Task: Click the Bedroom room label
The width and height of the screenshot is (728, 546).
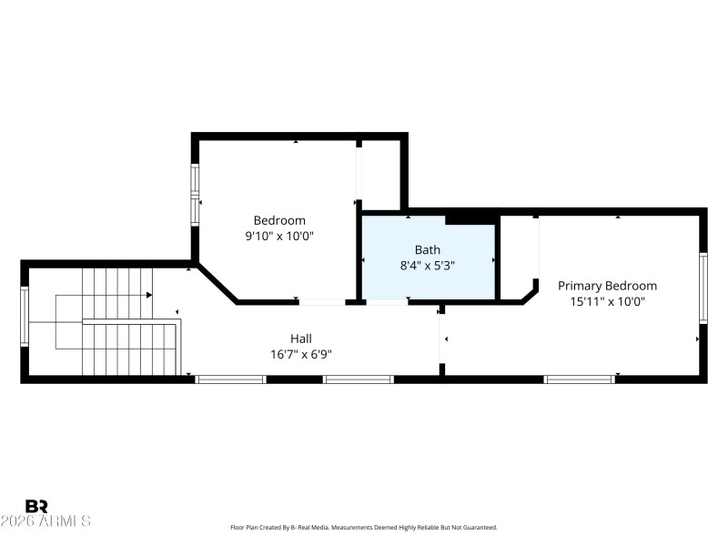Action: (x=279, y=220)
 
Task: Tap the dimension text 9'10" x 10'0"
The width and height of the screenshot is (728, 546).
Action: (x=279, y=237)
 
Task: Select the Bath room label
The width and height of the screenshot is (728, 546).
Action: (x=428, y=249)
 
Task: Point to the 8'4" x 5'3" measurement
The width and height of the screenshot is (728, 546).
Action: (x=428, y=266)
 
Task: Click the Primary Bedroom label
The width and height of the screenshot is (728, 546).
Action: (x=607, y=286)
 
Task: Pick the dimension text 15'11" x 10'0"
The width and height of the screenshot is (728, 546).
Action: (x=607, y=302)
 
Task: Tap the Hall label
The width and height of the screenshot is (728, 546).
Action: (x=301, y=338)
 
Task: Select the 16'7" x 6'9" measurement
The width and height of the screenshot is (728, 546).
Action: (x=301, y=354)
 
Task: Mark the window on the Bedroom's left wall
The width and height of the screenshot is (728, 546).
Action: (x=194, y=195)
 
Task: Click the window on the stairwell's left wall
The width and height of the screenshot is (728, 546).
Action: (x=25, y=317)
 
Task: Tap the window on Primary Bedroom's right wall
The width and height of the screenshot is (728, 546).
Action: (x=703, y=288)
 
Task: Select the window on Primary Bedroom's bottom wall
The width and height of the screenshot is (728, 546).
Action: (x=579, y=379)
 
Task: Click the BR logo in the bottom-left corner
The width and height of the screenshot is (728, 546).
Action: (x=36, y=506)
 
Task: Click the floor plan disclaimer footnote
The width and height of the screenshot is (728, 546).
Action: (x=364, y=528)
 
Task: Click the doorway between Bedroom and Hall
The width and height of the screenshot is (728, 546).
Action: (x=322, y=301)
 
